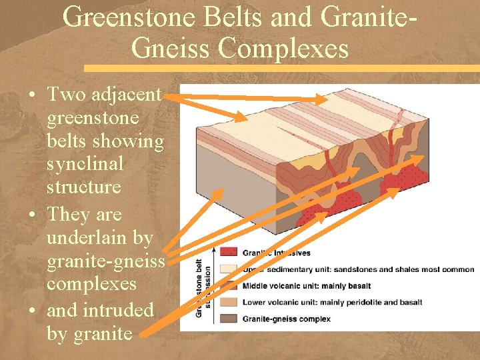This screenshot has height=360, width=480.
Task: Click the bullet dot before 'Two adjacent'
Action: click(32, 95)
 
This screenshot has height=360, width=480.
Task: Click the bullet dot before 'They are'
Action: click(32, 215)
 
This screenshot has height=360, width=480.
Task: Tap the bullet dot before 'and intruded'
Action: click(32, 311)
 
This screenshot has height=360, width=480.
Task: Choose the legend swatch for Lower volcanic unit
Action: click(229, 302)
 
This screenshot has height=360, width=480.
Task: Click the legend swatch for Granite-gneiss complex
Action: click(229, 319)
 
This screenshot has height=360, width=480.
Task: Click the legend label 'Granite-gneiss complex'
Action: click(286, 319)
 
